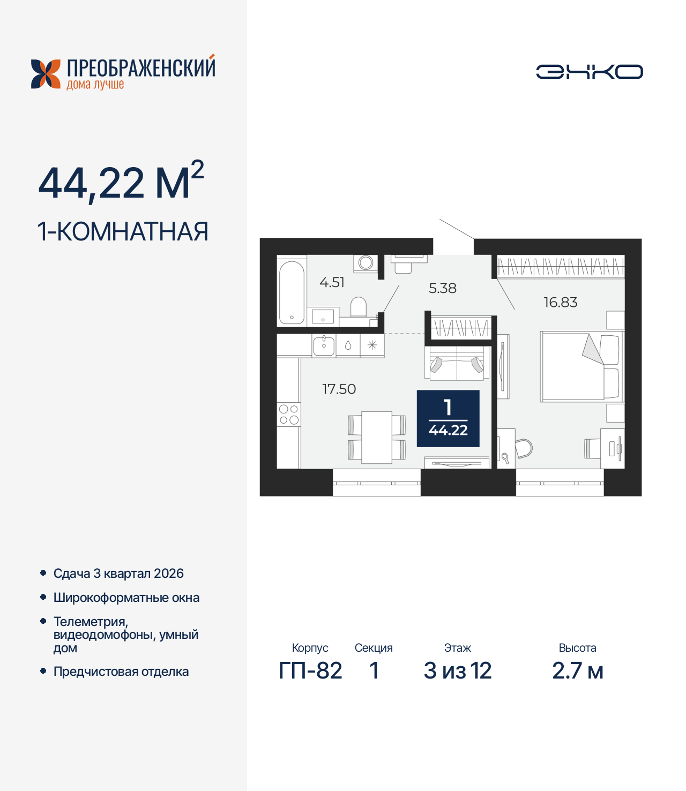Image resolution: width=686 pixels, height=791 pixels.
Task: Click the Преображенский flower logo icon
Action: click(x=46, y=74)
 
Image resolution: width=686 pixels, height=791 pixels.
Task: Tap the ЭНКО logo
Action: click(x=589, y=72)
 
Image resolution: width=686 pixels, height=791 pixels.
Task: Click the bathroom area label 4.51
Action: click(x=332, y=282)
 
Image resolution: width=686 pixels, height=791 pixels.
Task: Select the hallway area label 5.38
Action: click(x=442, y=288)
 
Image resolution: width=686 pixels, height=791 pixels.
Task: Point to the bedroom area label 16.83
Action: click(x=560, y=303)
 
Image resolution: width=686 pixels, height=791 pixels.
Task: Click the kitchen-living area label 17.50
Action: click(x=339, y=389)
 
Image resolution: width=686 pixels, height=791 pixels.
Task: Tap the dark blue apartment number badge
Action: click(x=448, y=418)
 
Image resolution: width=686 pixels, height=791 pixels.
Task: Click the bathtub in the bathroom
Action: click(x=292, y=292)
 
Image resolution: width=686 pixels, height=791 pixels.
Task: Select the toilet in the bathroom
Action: click(x=359, y=307)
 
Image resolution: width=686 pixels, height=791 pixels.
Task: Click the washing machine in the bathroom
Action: click(x=366, y=263)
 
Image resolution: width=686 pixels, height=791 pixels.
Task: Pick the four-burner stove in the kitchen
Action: click(x=288, y=415)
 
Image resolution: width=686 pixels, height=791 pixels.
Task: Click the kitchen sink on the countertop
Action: click(x=324, y=345)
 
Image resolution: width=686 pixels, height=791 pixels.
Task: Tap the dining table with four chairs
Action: click(x=377, y=437)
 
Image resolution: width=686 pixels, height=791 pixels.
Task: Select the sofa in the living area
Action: click(x=457, y=363)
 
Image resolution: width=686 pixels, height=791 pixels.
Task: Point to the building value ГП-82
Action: click(x=310, y=671)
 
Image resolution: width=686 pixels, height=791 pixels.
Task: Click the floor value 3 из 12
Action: click(x=457, y=671)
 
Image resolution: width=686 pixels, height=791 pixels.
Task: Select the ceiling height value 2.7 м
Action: click(x=577, y=671)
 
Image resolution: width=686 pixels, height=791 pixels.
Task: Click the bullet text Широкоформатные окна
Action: click(x=126, y=598)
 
